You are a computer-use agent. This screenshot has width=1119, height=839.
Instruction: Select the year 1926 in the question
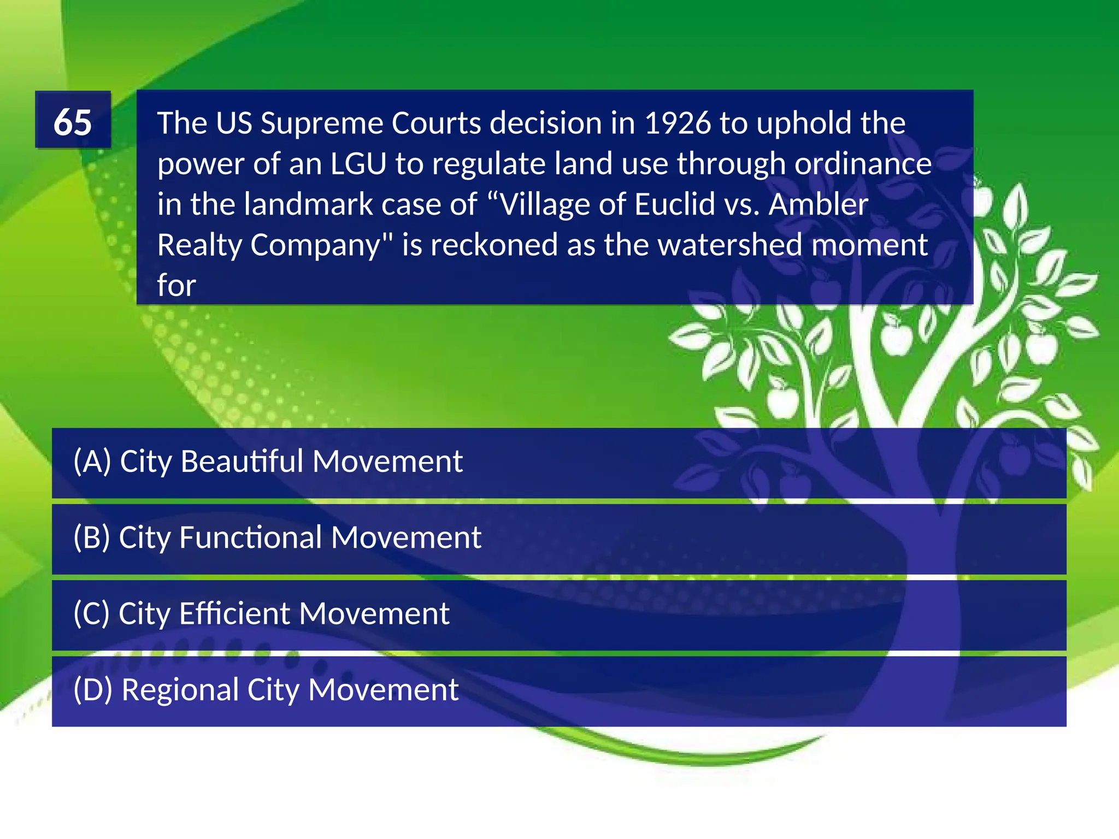[x=678, y=123]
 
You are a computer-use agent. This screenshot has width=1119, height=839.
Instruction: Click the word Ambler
[x=818, y=204]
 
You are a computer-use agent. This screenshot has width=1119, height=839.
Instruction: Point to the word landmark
[x=308, y=204]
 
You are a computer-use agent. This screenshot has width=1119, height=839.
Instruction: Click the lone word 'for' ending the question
[x=176, y=285]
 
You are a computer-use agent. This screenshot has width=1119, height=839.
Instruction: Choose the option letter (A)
[x=92, y=462]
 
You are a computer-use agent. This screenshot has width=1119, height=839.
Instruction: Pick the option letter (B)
[x=92, y=537]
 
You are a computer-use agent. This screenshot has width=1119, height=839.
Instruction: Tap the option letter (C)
[x=91, y=613]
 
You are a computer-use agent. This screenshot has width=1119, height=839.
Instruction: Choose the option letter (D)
[x=92, y=689]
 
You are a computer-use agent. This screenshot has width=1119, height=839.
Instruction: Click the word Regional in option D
[x=180, y=690]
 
